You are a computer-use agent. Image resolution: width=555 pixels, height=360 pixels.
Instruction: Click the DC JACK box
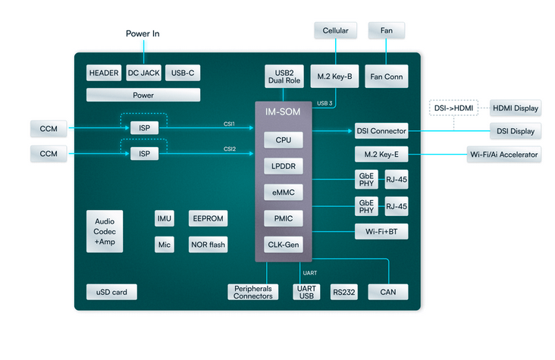click(x=143, y=73)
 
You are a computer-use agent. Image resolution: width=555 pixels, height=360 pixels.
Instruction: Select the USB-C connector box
click(x=182, y=73)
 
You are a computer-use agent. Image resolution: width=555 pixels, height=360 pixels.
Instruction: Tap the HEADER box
click(x=104, y=73)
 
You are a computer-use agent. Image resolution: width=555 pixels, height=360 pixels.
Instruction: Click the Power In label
click(x=143, y=34)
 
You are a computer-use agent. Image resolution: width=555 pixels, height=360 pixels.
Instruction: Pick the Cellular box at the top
click(x=335, y=30)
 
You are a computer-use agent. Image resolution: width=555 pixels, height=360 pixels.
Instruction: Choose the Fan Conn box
click(x=387, y=76)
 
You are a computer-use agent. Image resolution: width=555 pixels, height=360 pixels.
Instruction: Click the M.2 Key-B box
click(x=335, y=76)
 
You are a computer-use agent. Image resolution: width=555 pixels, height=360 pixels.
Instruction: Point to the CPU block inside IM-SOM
click(x=284, y=140)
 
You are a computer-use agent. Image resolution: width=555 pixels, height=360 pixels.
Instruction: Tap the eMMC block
click(x=284, y=193)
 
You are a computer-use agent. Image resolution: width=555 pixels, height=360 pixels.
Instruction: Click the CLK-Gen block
click(x=284, y=245)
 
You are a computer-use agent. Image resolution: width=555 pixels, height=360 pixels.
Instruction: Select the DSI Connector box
click(x=381, y=130)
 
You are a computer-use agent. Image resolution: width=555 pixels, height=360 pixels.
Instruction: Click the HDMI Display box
click(x=516, y=108)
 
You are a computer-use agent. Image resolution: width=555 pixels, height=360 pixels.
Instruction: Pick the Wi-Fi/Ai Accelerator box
click(x=503, y=155)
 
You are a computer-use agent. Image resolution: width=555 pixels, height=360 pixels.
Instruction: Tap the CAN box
click(x=387, y=292)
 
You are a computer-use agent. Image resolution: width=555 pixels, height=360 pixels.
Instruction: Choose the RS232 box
click(x=344, y=292)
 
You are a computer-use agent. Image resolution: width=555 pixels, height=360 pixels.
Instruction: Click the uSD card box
click(x=105, y=292)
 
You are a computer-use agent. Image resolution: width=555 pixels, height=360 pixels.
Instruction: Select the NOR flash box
click(x=207, y=245)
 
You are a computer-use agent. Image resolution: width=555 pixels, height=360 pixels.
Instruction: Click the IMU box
click(x=165, y=218)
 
